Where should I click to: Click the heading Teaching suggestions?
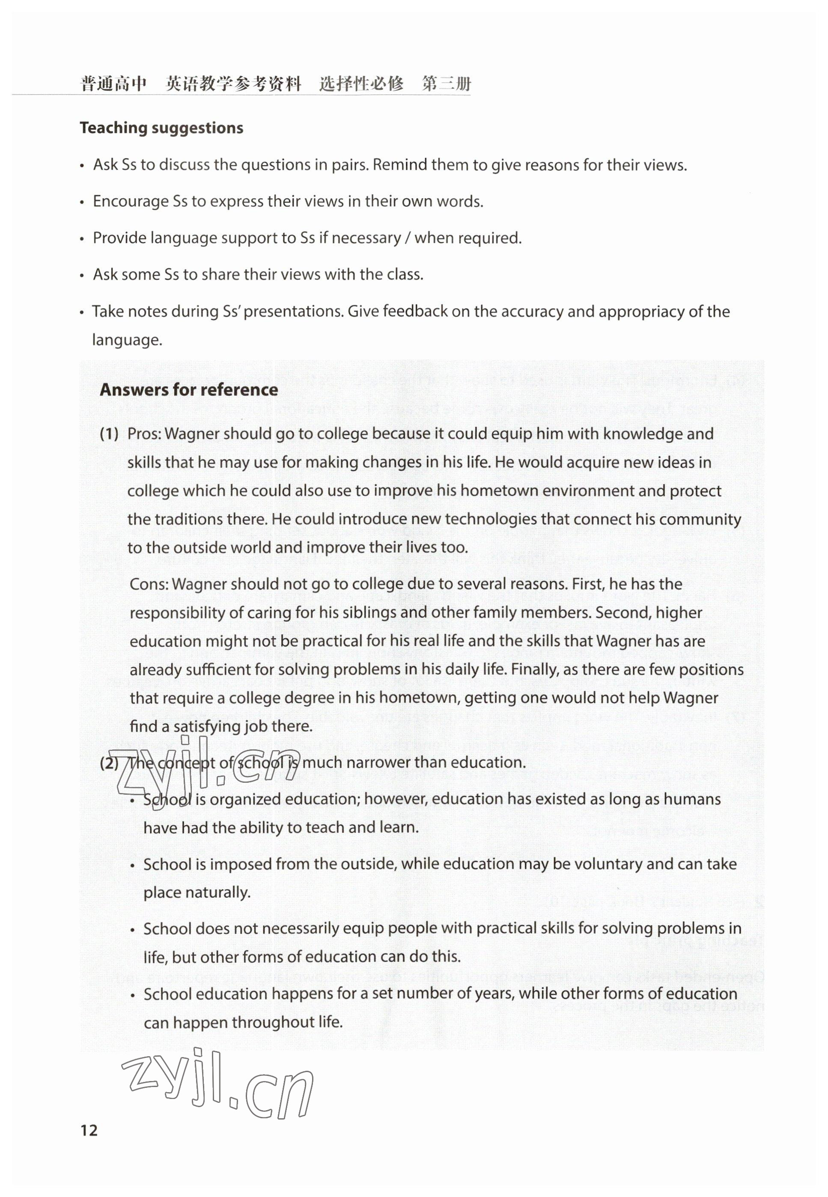(x=161, y=128)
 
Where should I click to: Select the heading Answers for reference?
(x=188, y=389)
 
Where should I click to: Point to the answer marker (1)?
(x=109, y=434)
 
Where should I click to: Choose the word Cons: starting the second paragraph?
(x=149, y=584)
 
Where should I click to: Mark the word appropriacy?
(x=641, y=312)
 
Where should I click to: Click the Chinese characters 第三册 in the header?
(x=446, y=83)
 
